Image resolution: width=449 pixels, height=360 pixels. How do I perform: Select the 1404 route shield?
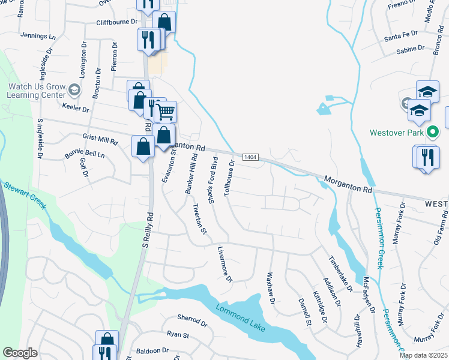click(x=251, y=157)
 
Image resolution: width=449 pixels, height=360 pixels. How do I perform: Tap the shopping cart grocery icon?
click(x=165, y=112)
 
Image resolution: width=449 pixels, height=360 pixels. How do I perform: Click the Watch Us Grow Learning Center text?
click(x=36, y=91)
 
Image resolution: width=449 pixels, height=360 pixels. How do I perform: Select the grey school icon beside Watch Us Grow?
click(x=74, y=91)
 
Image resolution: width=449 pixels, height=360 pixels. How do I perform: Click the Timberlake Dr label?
click(x=340, y=274)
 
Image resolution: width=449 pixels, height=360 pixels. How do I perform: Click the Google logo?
click(x=20, y=353)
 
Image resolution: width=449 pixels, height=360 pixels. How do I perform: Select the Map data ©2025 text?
click(x=423, y=355)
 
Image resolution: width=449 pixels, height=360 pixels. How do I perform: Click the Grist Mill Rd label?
click(x=100, y=140)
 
